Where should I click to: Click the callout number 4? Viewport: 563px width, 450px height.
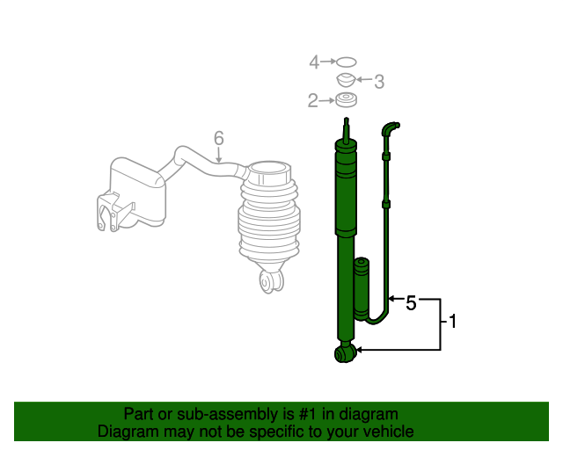coord(314,62)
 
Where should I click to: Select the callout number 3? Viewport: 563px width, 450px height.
coord(379,82)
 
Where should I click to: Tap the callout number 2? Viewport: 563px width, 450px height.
coord(313,101)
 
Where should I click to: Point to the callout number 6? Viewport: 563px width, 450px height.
coord(219,138)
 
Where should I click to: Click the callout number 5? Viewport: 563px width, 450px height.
coord(411,303)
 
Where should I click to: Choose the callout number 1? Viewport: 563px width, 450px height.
coord(453,321)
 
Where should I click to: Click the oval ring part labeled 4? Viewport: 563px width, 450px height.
coord(346,62)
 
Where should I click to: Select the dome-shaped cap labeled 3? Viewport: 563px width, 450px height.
coord(346,80)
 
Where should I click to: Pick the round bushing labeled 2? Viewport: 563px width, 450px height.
coord(346,99)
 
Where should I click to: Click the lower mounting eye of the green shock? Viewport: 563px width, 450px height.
coord(345,353)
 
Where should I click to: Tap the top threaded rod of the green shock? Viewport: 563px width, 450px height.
coord(346,130)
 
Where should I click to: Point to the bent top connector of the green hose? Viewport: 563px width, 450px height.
coord(391,128)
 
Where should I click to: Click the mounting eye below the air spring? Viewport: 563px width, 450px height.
coord(272,281)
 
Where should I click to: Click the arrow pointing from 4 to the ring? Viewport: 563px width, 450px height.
coord(328,62)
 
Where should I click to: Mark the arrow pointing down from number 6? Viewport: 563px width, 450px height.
coord(219,155)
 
